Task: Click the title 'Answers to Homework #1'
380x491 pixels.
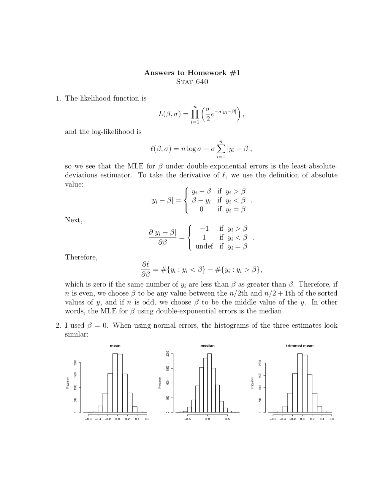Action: (x=192, y=73)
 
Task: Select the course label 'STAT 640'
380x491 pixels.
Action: (x=192, y=82)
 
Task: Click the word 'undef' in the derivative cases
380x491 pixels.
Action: (x=204, y=246)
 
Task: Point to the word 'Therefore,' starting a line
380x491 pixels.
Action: (x=81, y=257)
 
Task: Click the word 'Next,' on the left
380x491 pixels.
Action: (x=74, y=220)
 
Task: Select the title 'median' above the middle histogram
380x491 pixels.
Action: (x=208, y=345)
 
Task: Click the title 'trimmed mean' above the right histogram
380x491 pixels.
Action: (x=300, y=345)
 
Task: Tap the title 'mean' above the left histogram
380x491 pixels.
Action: (x=115, y=345)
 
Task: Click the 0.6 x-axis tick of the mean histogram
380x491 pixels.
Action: (x=147, y=419)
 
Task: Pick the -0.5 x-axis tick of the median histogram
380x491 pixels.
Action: (x=187, y=419)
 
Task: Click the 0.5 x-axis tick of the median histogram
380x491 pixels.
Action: (x=227, y=419)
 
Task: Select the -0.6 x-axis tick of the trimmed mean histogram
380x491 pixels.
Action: (x=273, y=419)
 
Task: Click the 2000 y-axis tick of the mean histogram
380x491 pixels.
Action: (x=75, y=363)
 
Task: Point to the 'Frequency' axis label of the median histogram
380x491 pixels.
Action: (x=160, y=383)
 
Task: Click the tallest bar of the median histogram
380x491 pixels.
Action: (x=210, y=382)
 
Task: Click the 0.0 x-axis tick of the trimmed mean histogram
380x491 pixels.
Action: (x=302, y=419)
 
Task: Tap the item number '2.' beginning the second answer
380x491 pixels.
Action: (x=58, y=326)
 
